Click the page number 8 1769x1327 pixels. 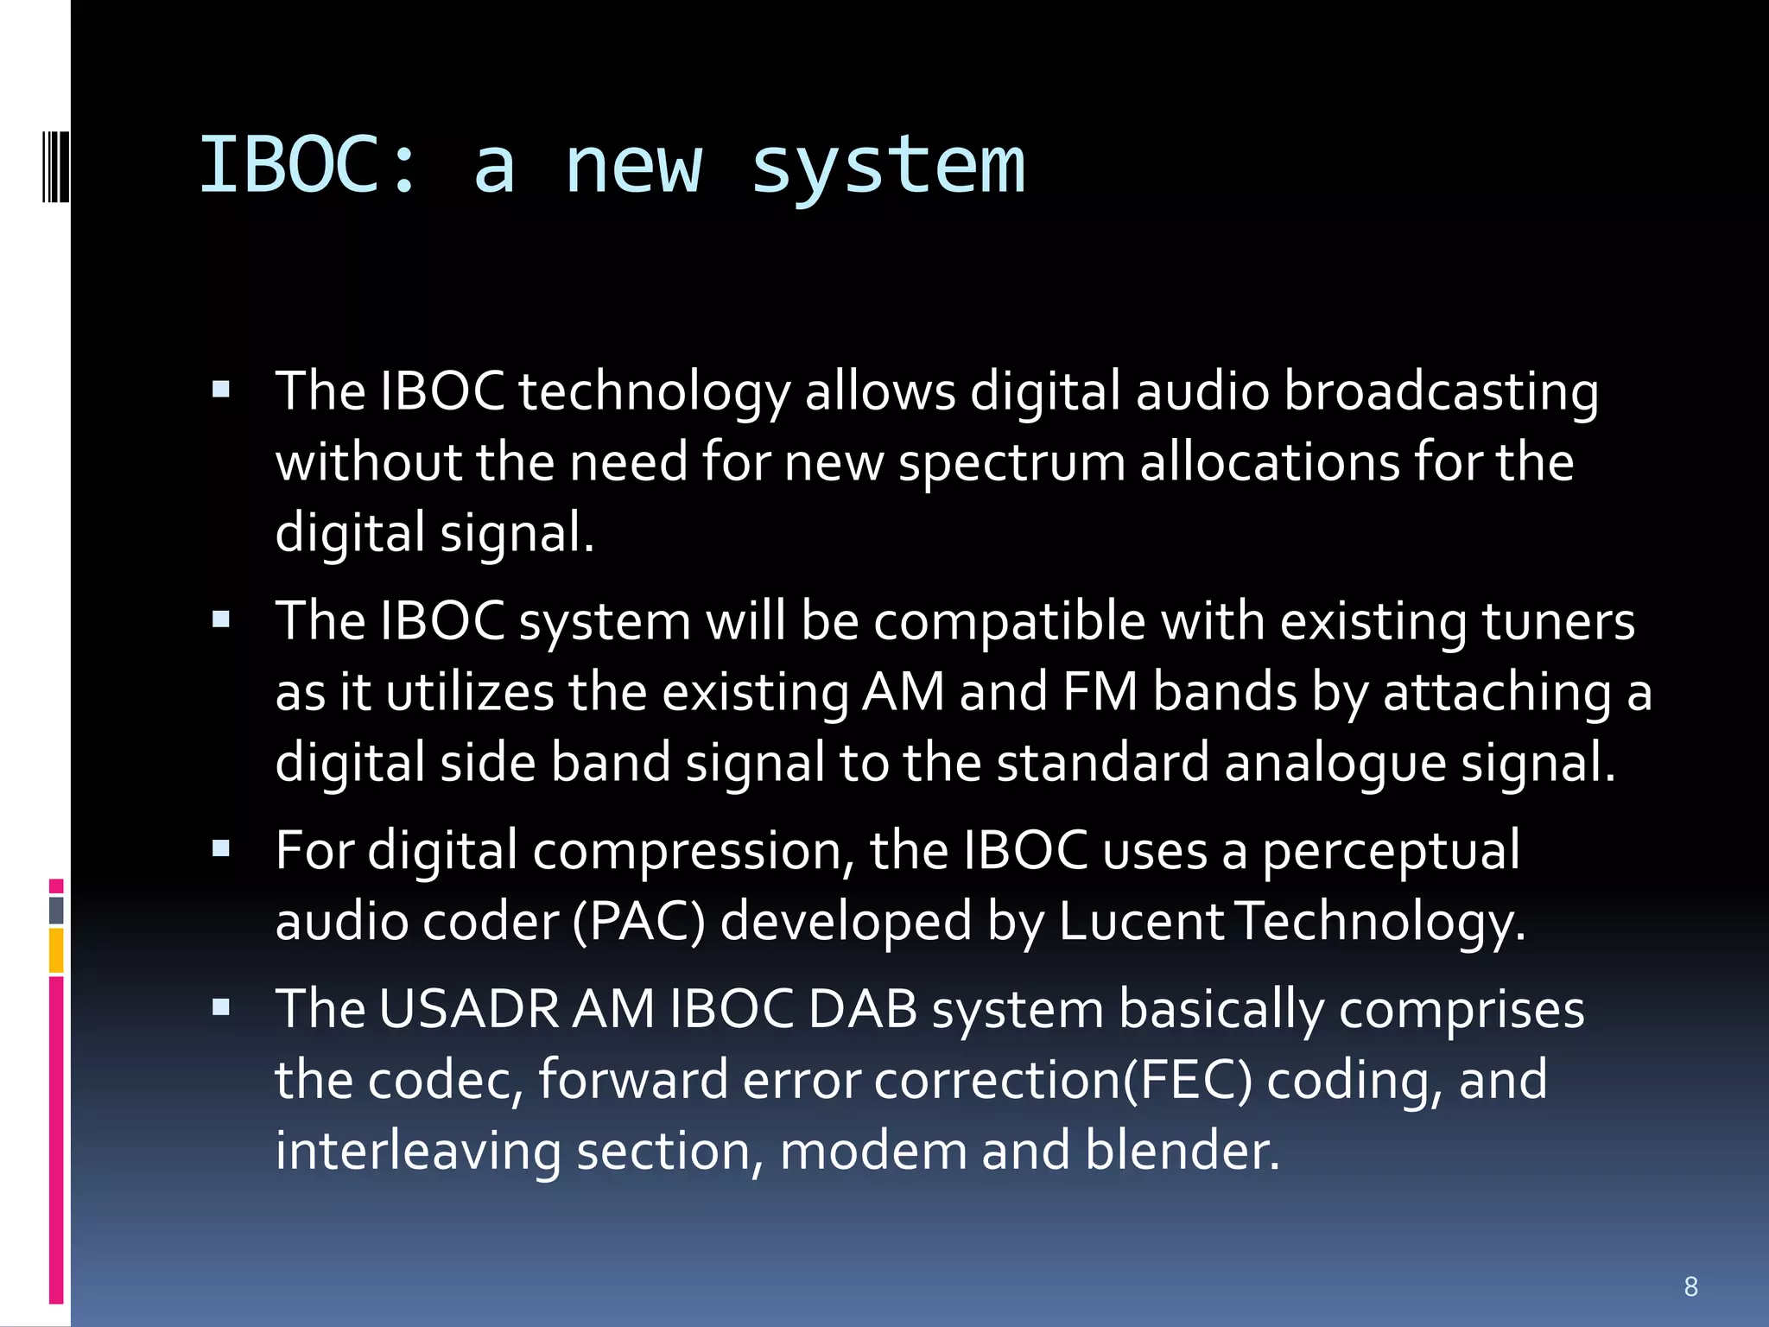coord(1690,1286)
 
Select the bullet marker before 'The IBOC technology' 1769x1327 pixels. coord(221,390)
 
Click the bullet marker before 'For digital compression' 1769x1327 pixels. coord(221,848)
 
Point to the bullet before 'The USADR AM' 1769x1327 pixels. coord(221,1007)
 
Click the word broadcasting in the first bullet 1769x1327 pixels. coord(1440,391)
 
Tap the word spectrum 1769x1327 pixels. coord(1011,462)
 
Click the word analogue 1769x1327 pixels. coord(1335,763)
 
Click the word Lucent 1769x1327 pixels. coord(1140,921)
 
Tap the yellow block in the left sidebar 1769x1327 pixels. coord(56,950)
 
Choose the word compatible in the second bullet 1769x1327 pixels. coord(1009,621)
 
